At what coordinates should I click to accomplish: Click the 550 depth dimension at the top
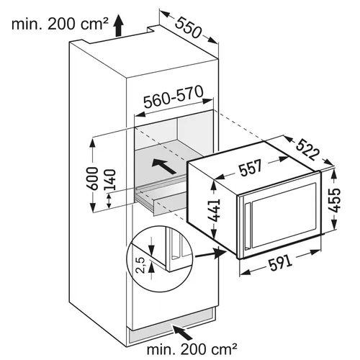pyautogui.click(x=188, y=28)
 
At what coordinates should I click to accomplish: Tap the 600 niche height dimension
pyautogui.click(x=92, y=178)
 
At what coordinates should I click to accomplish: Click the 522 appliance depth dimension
pyautogui.click(x=308, y=150)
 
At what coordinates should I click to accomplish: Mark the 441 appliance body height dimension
pyautogui.click(x=214, y=211)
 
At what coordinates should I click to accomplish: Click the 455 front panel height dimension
pyautogui.click(x=334, y=200)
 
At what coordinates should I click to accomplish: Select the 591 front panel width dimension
pyautogui.click(x=280, y=263)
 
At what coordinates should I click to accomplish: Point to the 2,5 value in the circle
pyautogui.click(x=142, y=265)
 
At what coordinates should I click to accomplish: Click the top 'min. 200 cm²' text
pyautogui.click(x=60, y=24)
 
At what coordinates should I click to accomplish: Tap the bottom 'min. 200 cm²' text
pyautogui.click(x=192, y=350)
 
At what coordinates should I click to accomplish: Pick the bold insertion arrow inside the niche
pyautogui.click(x=164, y=166)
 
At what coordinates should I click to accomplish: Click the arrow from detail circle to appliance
pyautogui.click(x=211, y=254)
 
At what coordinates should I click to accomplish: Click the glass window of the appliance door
pyautogui.click(x=284, y=215)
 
